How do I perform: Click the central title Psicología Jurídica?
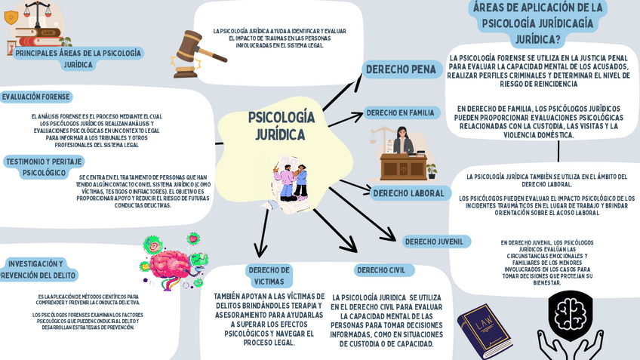(x=281, y=126)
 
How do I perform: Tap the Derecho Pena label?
(x=402, y=69)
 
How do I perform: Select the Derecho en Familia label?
(x=402, y=113)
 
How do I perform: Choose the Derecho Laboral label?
(x=408, y=193)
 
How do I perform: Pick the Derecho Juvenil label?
(x=435, y=242)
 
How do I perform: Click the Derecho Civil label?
(x=381, y=270)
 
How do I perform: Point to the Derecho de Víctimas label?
(x=269, y=275)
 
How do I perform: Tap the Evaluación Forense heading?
(x=36, y=97)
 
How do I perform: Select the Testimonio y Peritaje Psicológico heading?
(x=44, y=167)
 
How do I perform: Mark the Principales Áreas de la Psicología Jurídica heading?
(x=78, y=59)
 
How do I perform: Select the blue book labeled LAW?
(x=484, y=330)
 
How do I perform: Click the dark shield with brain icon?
(x=570, y=315)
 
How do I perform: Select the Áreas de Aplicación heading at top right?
(x=538, y=23)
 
